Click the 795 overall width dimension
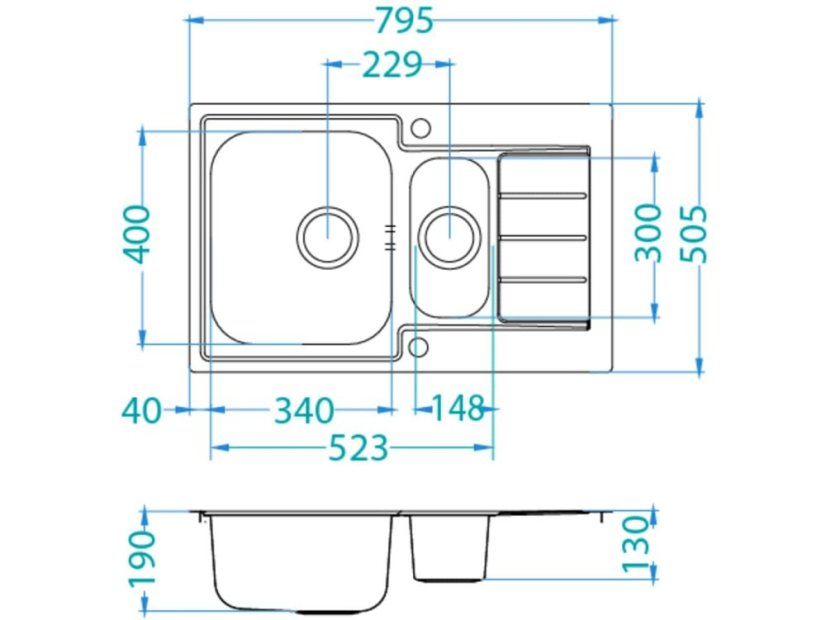pyautogui.click(x=400, y=19)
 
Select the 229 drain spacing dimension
pyautogui.click(x=391, y=65)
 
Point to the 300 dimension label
pyautogui.click(x=649, y=232)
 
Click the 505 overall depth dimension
pyautogui.click(x=692, y=233)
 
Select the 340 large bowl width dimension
pyautogui.click(x=304, y=410)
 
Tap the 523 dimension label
pyautogui.click(x=357, y=450)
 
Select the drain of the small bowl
pyautogui.click(x=447, y=235)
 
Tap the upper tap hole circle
pyautogui.click(x=420, y=128)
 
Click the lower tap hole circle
pyautogui.click(x=419, y=347)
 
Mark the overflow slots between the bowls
pyautogui.click(x=390, y=236)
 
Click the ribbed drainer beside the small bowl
pyautogui.click(x=542, y=236)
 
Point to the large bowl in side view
pyautogui.click(x=301, y=560)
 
